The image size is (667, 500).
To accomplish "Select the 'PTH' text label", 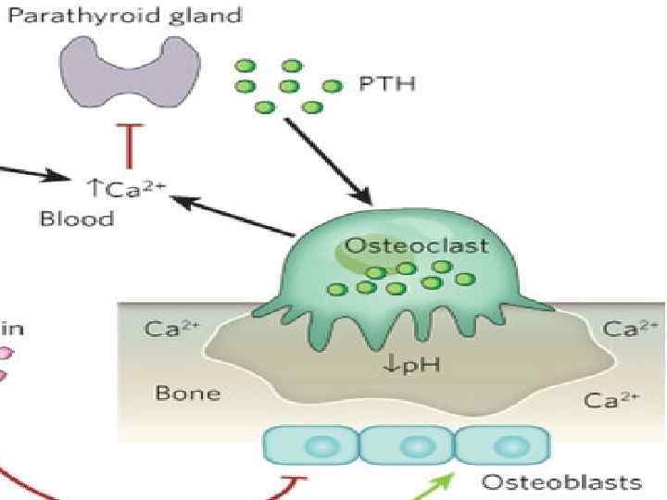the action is point(386,85).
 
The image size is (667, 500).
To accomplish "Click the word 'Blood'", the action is point(77,219).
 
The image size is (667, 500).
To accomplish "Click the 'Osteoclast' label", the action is point(403,247).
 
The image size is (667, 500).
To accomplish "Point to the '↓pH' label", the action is point(411,364).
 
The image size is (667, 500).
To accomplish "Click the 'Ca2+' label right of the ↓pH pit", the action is point(612,400).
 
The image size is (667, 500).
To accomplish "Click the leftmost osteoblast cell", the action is point(310,445).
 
